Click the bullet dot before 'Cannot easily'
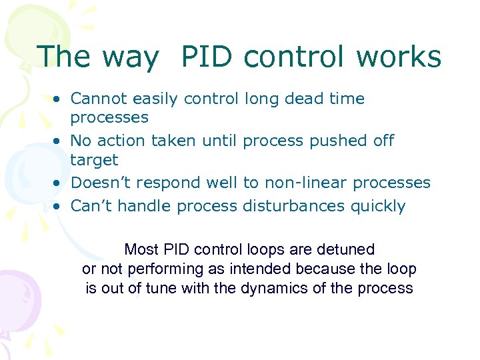pos(59,99)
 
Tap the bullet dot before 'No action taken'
pos(59,141)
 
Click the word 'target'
pos(94,161)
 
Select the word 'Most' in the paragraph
pos(141,249)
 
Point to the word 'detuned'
pos(347,249)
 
